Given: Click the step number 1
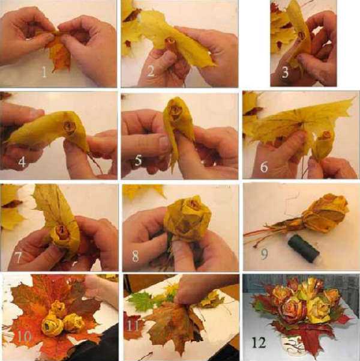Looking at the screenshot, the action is click(x=44, y=71).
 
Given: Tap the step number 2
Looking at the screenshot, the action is click(x=151, y=71).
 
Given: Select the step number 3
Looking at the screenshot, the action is click(x=285, y=72).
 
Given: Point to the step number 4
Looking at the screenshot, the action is click(x=22, y=162).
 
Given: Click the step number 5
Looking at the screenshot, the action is click(x=138, y=160).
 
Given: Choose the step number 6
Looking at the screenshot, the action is click(x=264, y=166).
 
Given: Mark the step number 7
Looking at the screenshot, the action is click(x=18, y=258).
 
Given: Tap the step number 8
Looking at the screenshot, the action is click(x=136, y=256).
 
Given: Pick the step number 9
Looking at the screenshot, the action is click(x=265, y=254).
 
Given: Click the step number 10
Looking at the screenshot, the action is click(x=25, y=337).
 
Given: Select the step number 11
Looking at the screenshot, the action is click(x=133, y=326).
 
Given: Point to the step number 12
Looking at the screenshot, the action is click(x=259, y=342).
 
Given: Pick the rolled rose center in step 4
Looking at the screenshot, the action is click(x=69, y=127).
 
